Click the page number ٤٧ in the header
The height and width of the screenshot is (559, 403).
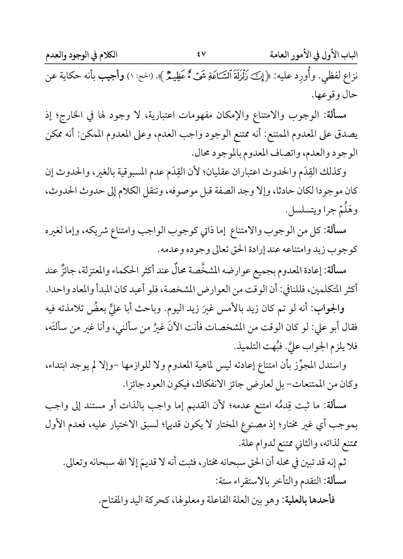click(x=201, y=55)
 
